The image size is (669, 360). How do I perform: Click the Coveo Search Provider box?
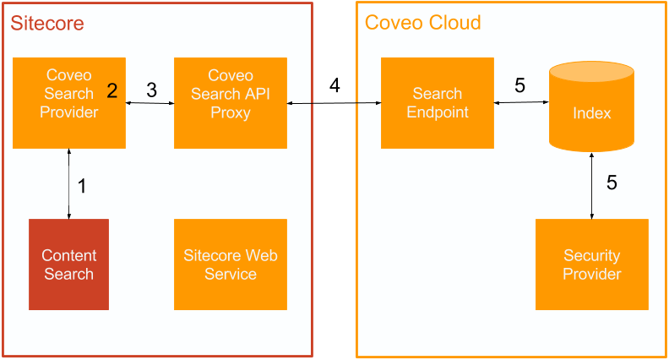click(69, 102)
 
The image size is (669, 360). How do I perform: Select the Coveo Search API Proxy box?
click(231, 102)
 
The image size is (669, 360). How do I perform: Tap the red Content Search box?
click(69, 265)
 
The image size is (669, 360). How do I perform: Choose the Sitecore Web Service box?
click(231, 265)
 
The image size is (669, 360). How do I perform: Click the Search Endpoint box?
click(437, 102)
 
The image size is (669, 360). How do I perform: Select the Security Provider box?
click(591, 265)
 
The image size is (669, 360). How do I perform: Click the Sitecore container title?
click(47, 24)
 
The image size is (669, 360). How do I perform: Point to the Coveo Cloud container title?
click(422, 23)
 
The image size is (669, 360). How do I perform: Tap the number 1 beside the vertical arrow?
click(82, 187)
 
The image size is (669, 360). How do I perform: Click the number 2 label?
click(112, 89)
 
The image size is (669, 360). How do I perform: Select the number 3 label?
click(151, 90)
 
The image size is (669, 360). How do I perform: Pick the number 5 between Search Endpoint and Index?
click(519, 85)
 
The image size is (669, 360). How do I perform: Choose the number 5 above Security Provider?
click(612, 183)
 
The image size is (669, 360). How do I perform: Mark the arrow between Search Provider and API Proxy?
click(150, 103)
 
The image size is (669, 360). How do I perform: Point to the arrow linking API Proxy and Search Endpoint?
click(334, 103)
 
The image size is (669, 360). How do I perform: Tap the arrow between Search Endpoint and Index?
click(521, 103)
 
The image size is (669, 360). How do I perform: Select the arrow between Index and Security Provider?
click(592, 185)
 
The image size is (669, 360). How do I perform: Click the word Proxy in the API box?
click(231, 112)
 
